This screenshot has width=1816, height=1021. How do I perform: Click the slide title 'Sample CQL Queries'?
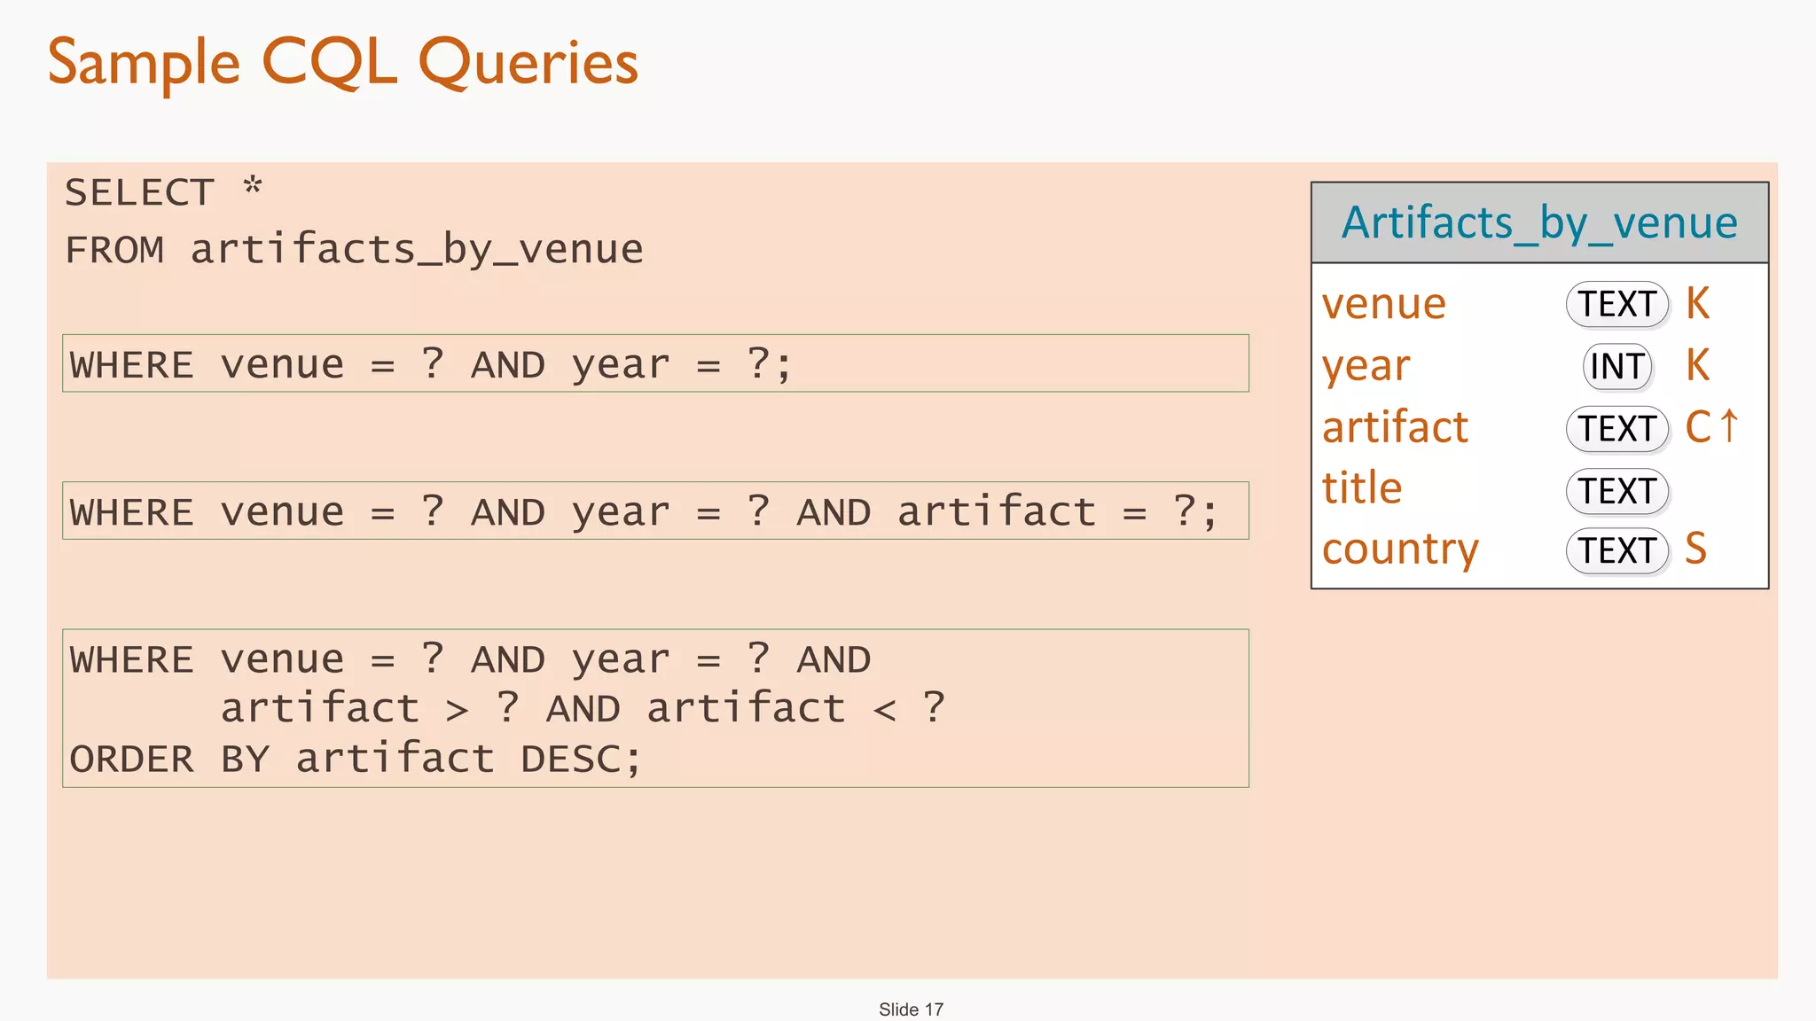[x=342, y=63]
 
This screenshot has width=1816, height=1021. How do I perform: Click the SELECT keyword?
[x=139, y=192]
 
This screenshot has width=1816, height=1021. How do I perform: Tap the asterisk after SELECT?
[x=253, y=187]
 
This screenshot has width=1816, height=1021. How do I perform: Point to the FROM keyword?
[x=114, y=250]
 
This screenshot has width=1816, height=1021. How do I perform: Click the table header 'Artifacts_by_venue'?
[x=1539, y=222]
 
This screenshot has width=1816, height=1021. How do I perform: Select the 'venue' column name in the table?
[x=1383, y=304]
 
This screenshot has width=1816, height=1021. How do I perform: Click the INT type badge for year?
[x=1617, y=366]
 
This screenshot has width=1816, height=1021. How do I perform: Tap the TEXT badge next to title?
[x=1617, y=491]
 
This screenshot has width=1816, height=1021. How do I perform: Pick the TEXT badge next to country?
[x=1617, y=550]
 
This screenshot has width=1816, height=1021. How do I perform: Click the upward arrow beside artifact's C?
[x=1729, y=425]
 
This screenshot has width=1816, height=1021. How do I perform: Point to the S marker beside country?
[x=1695, y=549]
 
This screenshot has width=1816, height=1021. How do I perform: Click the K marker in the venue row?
[x=1697, y=304]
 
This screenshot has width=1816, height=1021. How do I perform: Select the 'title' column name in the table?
[x=1362, y=488]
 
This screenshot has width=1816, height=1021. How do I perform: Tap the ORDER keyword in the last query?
[x=131, y=760]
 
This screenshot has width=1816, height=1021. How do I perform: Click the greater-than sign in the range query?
[x=457, y=710]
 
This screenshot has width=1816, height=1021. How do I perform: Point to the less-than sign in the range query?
[x=884, y=710]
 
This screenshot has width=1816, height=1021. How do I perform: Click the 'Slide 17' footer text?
[x=911, y=1009]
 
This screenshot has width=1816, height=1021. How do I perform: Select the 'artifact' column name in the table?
[x=1395, y=427]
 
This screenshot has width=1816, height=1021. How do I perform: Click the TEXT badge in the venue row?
[x=1617, y=304]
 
